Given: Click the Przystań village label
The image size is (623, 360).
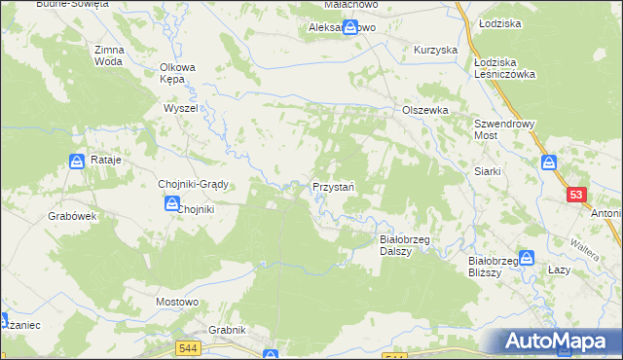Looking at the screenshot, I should click(332, 186).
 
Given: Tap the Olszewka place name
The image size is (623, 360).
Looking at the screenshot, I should click(425, 110).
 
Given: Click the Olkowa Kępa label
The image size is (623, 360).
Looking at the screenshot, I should click(178, 74).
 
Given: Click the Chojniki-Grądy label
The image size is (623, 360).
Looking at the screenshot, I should click(192, 184).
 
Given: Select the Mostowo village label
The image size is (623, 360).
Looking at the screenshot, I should click(178, 303).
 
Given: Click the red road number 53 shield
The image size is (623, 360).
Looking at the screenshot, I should click(577, 196).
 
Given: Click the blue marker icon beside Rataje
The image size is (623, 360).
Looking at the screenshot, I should click(77, 162).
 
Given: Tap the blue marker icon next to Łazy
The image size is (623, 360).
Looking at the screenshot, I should click(528, 258).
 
